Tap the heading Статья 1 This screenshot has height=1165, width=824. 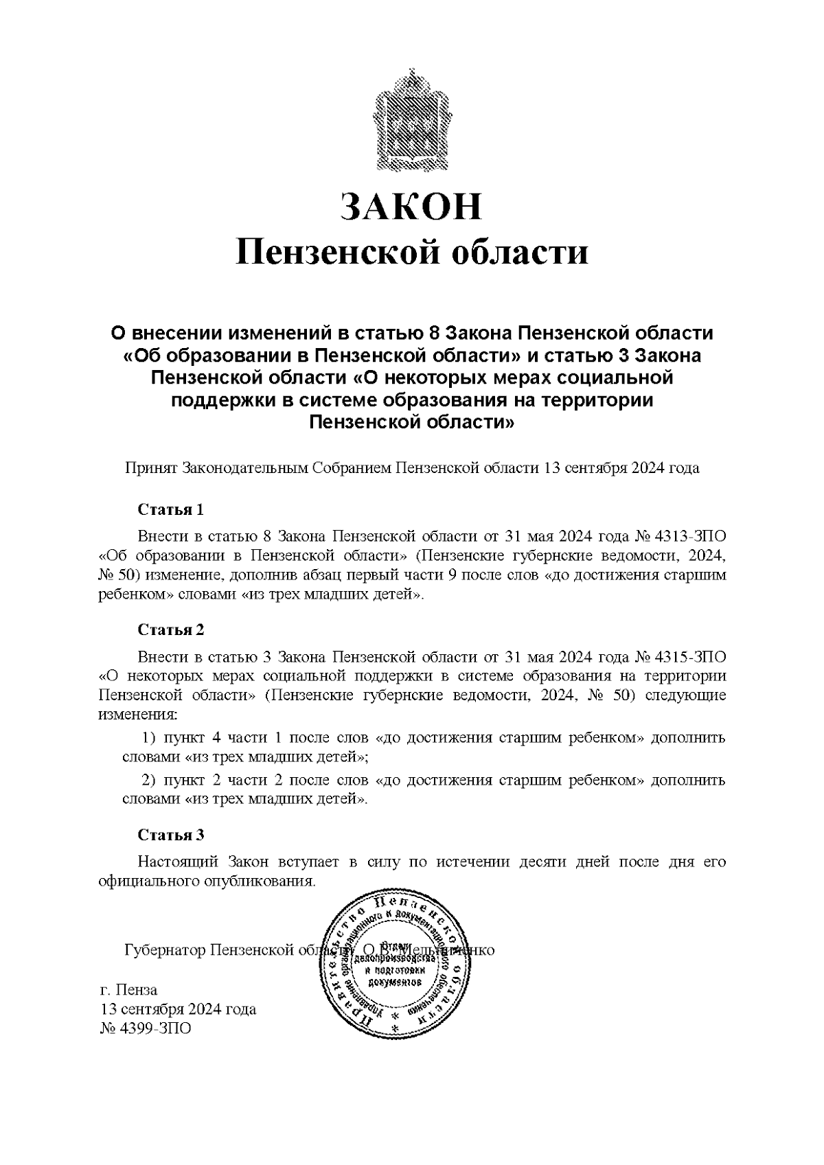pos(171,510)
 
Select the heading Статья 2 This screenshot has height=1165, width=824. pos(171,630)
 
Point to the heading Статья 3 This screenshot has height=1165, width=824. pos(171,835)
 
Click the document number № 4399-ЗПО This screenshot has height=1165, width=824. pos(146,1028)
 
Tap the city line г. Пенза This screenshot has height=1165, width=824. pos(128,989)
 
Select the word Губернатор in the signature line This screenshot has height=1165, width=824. pos(164,951)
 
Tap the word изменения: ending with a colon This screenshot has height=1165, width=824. pos(138,715)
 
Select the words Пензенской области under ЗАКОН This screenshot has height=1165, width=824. pos(411,252)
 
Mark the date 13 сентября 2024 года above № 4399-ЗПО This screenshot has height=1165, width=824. pos(178,1009)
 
